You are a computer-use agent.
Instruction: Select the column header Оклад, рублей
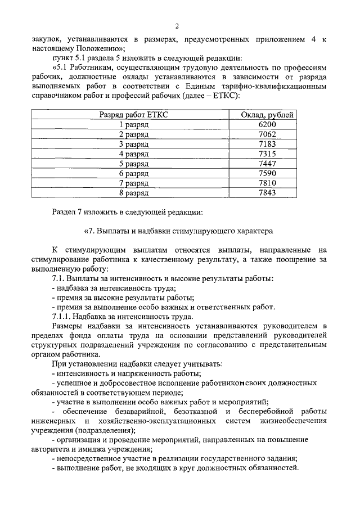267,115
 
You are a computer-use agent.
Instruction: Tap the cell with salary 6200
267,124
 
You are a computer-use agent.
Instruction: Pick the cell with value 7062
267,134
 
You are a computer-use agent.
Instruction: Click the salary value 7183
267,144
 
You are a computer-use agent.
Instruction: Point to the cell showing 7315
267,154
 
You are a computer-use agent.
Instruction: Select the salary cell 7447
267,164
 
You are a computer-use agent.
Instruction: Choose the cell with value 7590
267,173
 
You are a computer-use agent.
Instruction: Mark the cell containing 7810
267,183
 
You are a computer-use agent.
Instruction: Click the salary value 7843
267,193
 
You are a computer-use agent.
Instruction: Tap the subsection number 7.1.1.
62,317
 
